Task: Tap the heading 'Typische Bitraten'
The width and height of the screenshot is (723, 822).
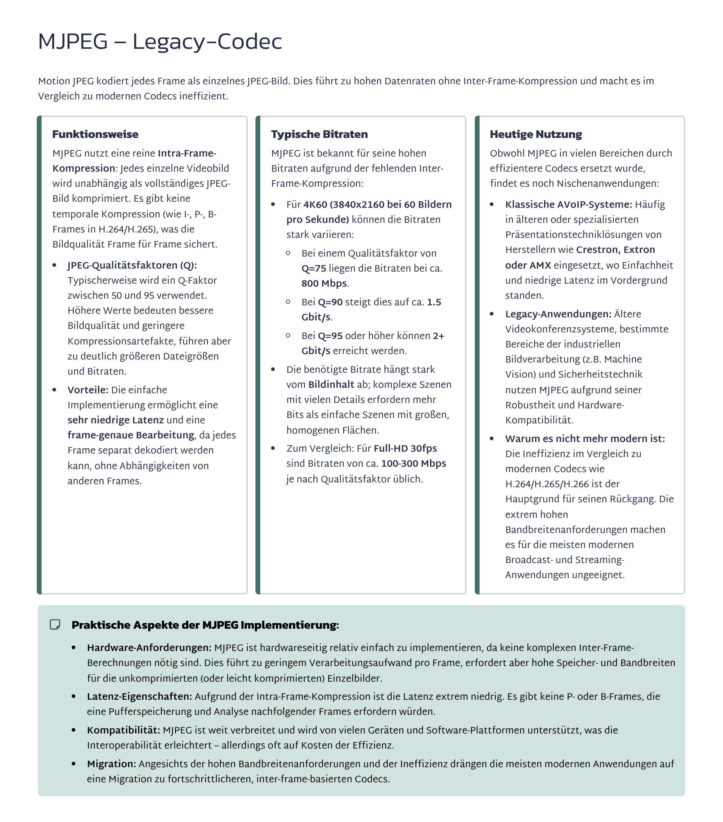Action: tap(319, 134)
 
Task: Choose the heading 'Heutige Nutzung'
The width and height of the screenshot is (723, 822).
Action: tap(536, 134)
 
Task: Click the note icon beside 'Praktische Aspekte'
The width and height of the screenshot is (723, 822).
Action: tap(55, 624)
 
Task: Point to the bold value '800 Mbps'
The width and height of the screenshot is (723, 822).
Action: tap(324, 284)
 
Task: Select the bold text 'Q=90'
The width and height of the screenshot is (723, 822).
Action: tap(330, 302)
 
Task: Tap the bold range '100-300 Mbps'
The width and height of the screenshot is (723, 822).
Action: tap(414, 464)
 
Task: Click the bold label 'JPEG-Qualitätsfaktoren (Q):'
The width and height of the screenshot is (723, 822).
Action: tap(132, 266)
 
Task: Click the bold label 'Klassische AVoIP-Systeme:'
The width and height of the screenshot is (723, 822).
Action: tap(568, 205)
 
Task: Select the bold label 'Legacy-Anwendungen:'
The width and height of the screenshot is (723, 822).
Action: tap(558, 314)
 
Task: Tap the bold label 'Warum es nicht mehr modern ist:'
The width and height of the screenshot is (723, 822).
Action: tap(585, 439)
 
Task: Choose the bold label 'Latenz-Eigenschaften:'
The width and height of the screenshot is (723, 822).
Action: tap(139, 696)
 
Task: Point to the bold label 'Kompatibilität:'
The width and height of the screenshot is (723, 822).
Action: tap(123, 730)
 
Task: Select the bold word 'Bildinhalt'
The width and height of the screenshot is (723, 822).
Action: tap(331, 385)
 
